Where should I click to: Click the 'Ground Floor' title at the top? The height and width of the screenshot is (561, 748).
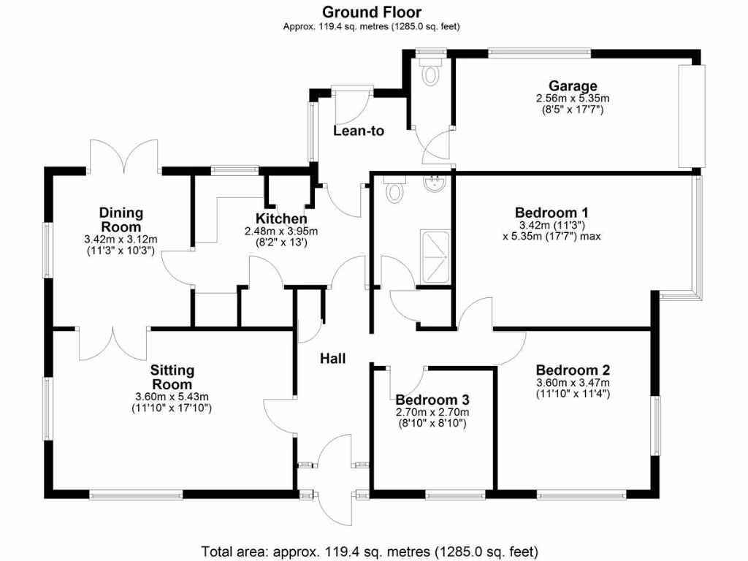tap(371, 11)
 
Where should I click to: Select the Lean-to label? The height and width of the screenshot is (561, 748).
tap(359, 131)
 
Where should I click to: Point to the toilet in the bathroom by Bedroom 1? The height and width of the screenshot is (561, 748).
tap(395, 191)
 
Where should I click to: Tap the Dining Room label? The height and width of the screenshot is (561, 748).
tap(121, 220)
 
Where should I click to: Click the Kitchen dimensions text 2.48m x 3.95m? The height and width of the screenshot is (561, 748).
tap(281, 232)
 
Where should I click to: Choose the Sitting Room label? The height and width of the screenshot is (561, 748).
tap(172, 378)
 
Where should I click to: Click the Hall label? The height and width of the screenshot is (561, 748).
tap(332, 359)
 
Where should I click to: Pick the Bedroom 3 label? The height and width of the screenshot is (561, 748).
tap(432, 400)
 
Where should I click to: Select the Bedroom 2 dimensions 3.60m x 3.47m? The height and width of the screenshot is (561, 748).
tap(573, 383)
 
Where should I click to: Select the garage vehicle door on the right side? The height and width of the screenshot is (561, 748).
tap(691, 116)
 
